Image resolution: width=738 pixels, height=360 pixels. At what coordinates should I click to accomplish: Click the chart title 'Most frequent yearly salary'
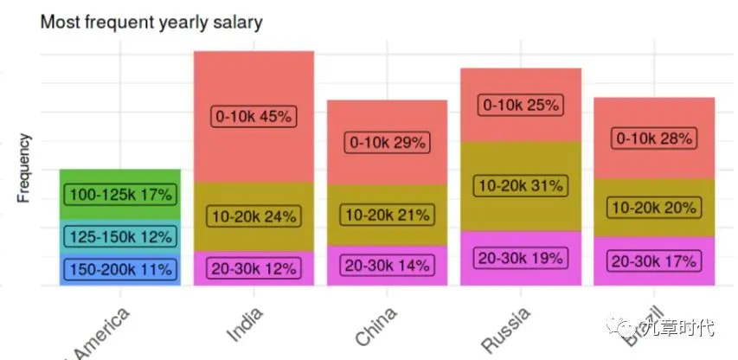[x=151, y=22]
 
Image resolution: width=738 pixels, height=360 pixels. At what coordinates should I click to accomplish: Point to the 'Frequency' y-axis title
[x=24, y=168]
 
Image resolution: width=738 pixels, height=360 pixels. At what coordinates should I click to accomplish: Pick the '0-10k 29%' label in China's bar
[x=388, y=143]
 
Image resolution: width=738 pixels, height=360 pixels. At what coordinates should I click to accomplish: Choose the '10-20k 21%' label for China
[x=388, y=215]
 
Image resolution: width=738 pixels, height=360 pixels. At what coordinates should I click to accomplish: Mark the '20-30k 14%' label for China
[x=388, y=266]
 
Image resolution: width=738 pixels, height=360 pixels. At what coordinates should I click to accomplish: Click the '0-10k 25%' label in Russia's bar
[x=521, y=106]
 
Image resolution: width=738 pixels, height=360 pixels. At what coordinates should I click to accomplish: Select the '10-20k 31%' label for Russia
[x=521, y=185]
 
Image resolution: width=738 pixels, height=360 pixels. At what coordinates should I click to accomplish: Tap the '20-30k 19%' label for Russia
[x=521, y=257]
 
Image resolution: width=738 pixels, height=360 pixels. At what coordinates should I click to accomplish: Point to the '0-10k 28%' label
[x=654, y=138]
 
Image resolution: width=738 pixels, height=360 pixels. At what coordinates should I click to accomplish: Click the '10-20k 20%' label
[x=654, y=208]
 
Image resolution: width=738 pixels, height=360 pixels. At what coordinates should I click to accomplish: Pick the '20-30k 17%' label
[x=654, y=260]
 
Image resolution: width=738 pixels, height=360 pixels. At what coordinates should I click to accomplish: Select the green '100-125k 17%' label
[x=119, y=195]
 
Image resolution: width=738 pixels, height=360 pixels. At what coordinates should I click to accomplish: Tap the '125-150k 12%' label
[x=119, y=235]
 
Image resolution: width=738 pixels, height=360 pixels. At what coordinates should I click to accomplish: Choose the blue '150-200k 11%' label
[x=119, y=269]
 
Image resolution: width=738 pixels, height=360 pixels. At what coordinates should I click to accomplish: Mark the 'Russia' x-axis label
[x=505, y=330]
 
